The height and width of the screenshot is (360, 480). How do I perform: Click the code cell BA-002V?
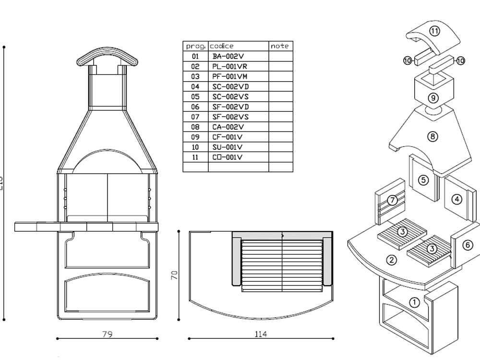[228, 56]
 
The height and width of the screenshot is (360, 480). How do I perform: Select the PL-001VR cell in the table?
[230, 66]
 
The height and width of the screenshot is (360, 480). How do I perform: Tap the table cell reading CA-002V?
[228, 127]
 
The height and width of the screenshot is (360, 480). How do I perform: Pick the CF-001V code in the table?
[228, 137]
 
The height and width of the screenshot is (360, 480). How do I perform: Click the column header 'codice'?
[222, 46]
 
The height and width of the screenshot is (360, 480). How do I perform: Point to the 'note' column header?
[280, 46]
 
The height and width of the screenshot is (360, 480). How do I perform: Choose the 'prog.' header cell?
[195, 46]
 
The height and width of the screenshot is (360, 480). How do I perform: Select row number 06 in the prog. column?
[195, 107]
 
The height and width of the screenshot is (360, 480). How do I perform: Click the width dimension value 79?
[108, 334]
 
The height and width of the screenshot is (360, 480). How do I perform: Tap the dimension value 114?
[261, 334]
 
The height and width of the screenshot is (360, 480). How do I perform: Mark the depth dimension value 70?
[175, 275]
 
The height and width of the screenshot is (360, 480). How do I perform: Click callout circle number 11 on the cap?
[434, 31]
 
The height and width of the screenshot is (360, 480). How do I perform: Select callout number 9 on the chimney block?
[433, 98]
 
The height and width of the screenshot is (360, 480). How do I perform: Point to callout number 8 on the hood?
[433, 136]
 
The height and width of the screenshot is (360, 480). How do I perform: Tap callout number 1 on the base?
[414, 302]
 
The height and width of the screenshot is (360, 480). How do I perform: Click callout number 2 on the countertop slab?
[392, 260]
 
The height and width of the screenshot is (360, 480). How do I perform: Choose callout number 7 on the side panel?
[393, 200]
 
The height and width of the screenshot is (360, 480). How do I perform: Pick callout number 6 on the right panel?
[468, 245]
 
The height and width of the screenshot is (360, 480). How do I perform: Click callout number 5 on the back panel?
[423, 180]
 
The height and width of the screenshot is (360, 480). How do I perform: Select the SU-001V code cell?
[228, 147]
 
